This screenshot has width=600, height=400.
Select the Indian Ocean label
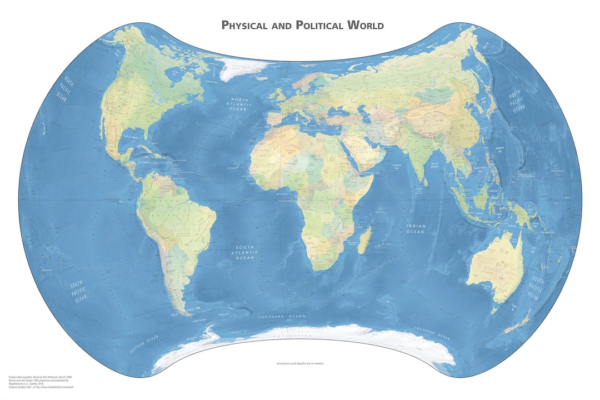(x=416, y=228)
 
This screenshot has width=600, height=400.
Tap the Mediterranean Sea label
(x=314, y=127)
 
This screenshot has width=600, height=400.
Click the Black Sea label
(x=334, y=111)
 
